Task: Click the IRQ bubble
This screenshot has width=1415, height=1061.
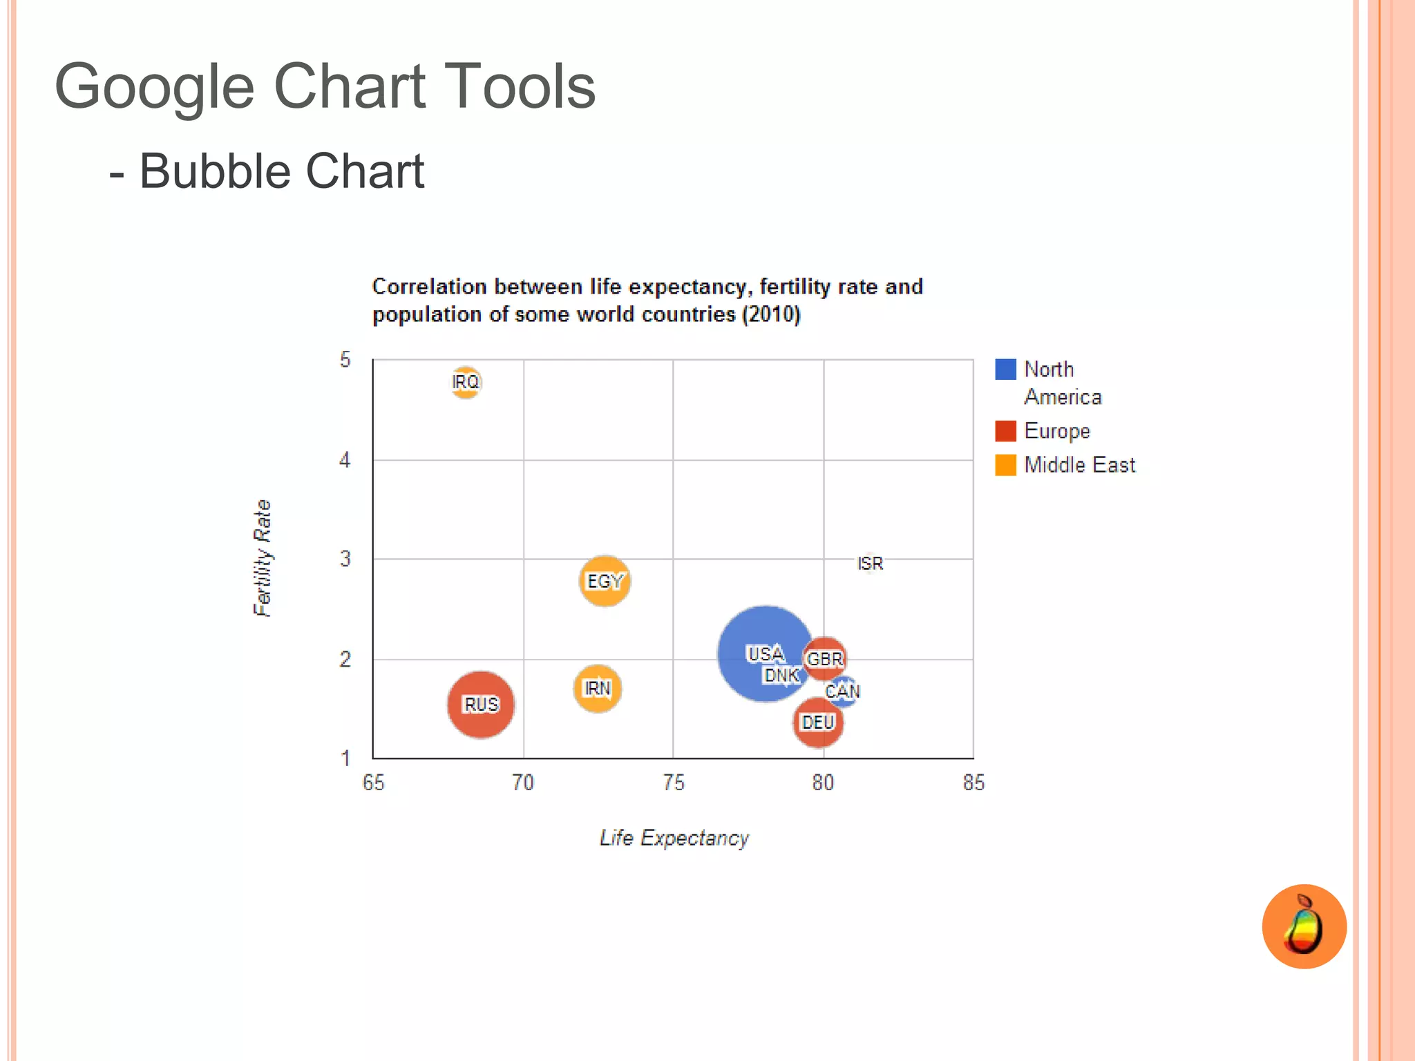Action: coord(466,382)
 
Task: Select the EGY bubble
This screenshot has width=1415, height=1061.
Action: coord(605,581)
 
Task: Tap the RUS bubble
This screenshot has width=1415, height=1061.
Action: coord(481,705)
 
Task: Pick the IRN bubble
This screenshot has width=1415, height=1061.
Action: coord(598,689)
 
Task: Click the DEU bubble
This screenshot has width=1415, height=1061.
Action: coord(818,723)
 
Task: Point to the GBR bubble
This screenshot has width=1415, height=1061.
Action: coord(825,658)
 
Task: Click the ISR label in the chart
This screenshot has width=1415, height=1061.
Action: coord(870,564)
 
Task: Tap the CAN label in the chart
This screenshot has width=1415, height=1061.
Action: coord(843,691)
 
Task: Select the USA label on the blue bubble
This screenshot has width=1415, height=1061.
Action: coord(766,653)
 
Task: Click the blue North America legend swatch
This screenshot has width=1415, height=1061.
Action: coord(1005,370)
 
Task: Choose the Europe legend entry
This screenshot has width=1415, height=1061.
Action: coord(1056,431)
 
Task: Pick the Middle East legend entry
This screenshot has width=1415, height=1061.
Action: coord(1079,465)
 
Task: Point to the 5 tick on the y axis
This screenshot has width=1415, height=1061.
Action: coord(345,360)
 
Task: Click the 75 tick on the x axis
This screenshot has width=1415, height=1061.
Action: coord(674,783)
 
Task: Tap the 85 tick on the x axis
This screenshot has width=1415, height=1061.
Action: coord(974,783)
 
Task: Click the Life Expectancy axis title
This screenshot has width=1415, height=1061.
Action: coord(674,838)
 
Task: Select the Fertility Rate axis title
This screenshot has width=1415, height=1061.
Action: coord(263,558)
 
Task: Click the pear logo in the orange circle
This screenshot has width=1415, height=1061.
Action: coord(1304,926)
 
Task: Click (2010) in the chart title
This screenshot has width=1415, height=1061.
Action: coord(771,315)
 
